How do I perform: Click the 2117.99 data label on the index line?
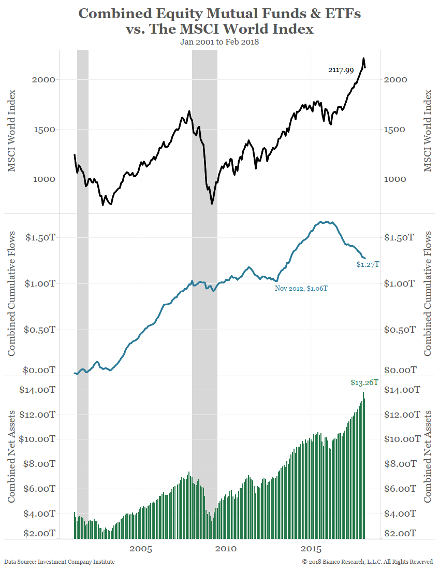point(341,70)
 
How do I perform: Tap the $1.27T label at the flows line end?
point(368,264)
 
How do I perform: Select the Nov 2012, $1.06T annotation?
point(301,288)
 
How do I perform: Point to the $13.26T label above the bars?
point(364,383)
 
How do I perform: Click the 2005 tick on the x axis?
point(140,549)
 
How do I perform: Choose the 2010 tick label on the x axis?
point(226,549)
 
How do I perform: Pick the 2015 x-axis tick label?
point(311,549)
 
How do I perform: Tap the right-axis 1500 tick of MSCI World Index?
point(396,130)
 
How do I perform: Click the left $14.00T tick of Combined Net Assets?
point(37,390)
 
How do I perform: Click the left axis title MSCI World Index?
point(11,131)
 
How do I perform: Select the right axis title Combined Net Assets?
point(428,456)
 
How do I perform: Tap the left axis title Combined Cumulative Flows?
point(11,294)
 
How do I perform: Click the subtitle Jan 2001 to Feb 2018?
point(219,42)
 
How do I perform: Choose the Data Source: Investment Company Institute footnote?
point(60,562)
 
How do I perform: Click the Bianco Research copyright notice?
point(368,562)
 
